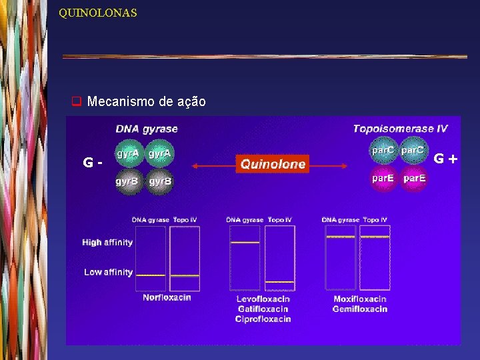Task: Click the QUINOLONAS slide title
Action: click(x=97, y=13)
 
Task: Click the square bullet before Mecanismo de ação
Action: click(x=76, y=102)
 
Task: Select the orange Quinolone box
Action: click(x=273, y=163)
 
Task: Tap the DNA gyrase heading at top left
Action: click(x=147, y=129)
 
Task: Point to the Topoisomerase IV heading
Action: click(x=400, y=129)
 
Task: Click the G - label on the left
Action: click(x=92, y=162)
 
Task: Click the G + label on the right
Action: click(x=446, y=159)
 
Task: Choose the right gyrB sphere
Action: click(x=160, y=181)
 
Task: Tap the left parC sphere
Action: click(x=382, y=151)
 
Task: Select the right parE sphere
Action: click(x=413, y=179)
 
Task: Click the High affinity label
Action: click(x=107, y=243)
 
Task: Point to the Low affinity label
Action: click(x=108, y=272)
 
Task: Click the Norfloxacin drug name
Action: click(x=167, y=298)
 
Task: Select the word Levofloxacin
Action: click(x=263, y=299)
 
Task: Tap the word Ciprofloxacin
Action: click(x=263, y=319)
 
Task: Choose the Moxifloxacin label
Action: click(x=360, y=299)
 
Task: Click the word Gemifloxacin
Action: click(x=360, y=309)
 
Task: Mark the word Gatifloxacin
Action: click(x=263, y=309)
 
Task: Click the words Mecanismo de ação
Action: click(x=146, y=102)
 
